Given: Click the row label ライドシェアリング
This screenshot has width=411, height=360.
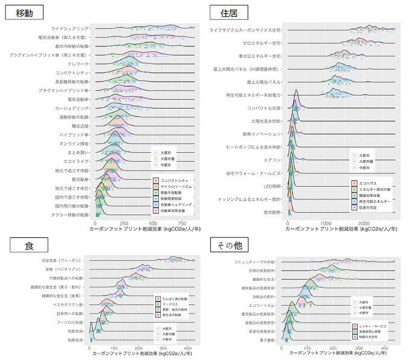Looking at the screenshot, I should point(70,28).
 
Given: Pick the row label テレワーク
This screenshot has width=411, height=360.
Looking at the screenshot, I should point(78,63).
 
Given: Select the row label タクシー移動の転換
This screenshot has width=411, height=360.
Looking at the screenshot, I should point(66,214).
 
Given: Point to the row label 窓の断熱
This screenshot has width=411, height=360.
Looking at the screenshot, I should point(273,212).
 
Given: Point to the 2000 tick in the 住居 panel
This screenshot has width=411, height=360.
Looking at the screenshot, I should point(363,223).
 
